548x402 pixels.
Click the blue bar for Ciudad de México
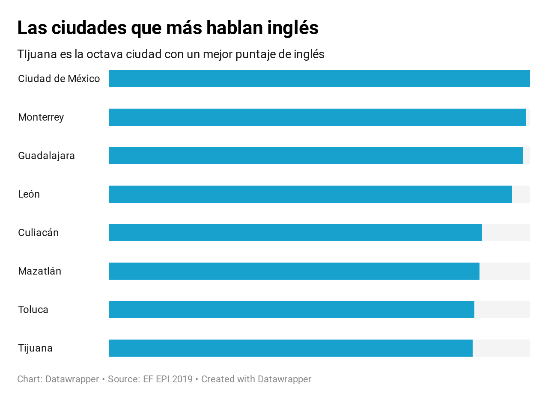pyautogui.click(x=319, y=79)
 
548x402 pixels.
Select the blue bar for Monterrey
pyautogui.click(x=317, y=117)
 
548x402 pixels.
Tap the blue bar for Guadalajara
pyautogui.click(x=316, y=156)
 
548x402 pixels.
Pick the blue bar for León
pyautogui.click(x=310, y=194)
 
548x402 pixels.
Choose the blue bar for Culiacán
pyautogui.click(x=295, y=233)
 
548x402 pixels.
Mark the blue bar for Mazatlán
pyautogui.click(x=294, y=271)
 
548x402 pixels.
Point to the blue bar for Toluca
pyautogui.click(x=291, y=310)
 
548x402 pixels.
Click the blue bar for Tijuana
pyautogui.click(x=290, y=348)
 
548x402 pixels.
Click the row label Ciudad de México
pyautogui.click(x=59, y=79)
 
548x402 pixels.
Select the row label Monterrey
pyautogui.click(x=41, y=117)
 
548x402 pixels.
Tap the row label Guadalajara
pyautogui.click(x=46, y=156)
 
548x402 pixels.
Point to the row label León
pyautogui.click(x=29, y=194)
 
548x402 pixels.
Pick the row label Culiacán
pyautogui.click(x=38, y=233)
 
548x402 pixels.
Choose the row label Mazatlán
pyautogui.click(x=39, y=271)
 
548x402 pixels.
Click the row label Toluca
pyautogui.click(x=33, y=310)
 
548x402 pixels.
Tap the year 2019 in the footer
pyautogui.click(x=182, y=379)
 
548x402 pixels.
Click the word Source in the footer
pyautogui.click(x=122, y=379)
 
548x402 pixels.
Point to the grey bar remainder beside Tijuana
pyautogui.click(x=501, y=348)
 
